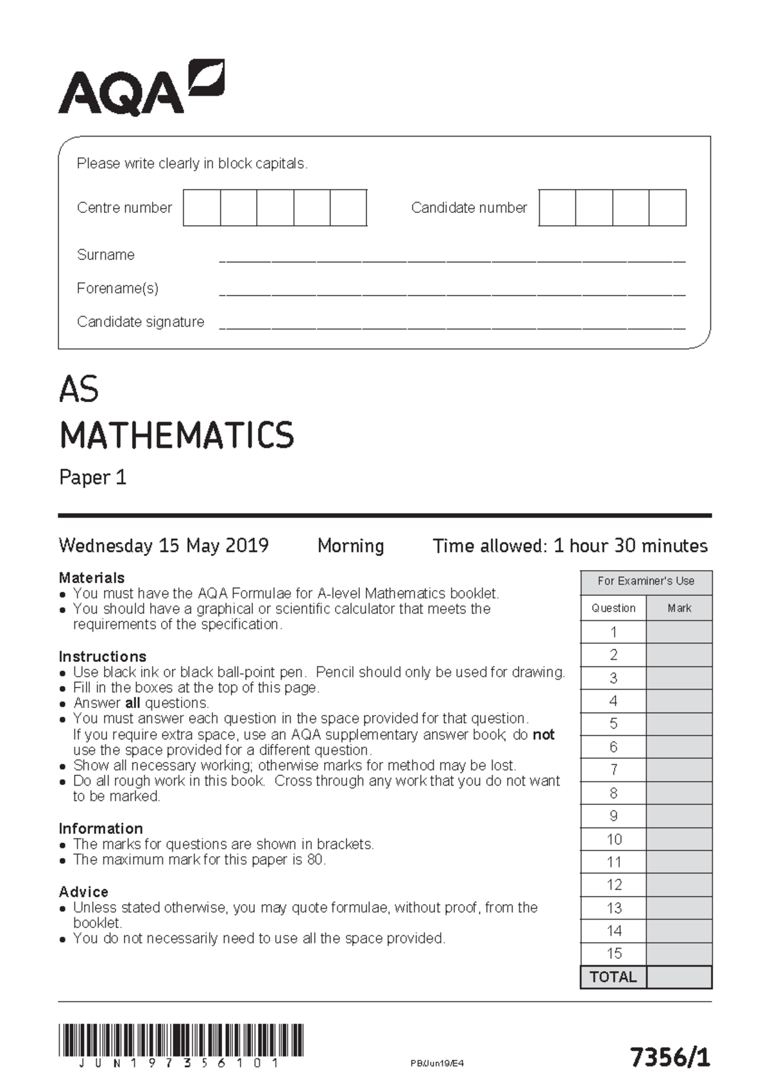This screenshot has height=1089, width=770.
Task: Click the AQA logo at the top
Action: point(141,89)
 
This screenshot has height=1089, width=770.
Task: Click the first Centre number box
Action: point(201,208)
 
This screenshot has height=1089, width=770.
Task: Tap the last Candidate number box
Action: point(667,208)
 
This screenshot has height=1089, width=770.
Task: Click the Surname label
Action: point(106,255)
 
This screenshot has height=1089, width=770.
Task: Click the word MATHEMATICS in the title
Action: point(176,435)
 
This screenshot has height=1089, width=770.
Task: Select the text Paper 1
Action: point(92,478)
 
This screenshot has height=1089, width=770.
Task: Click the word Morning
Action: point(350,546)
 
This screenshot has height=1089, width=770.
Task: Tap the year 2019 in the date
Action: point(246,546)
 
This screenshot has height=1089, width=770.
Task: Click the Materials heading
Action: point(92,578)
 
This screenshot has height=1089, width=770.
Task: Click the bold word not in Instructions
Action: point(543,735)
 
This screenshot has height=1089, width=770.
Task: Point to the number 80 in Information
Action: point(314,860)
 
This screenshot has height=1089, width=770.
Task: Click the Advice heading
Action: point(83,892)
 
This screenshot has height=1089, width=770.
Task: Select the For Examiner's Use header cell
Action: point(646,582)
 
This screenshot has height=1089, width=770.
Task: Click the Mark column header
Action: point(679,609)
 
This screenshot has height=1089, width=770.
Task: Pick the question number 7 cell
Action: point(613,770)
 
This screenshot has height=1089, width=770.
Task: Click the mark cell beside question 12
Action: point(679,885)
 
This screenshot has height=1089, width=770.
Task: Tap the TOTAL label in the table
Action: point(613,977)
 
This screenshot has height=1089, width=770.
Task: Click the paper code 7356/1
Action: point(670,1057)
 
